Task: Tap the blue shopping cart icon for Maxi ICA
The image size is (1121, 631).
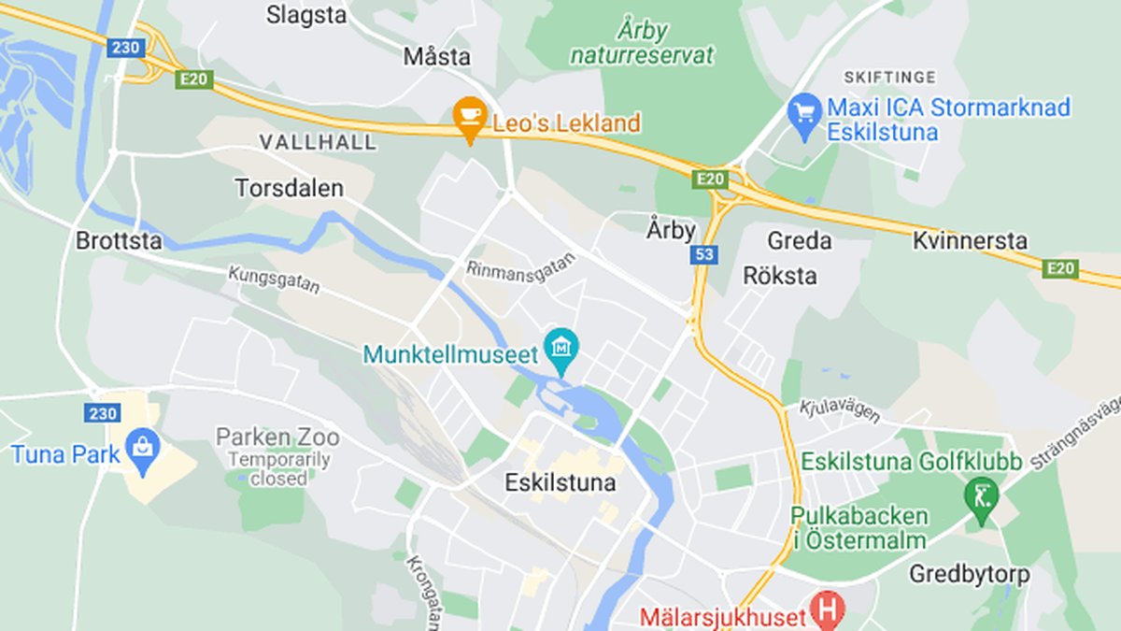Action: tap(804, 112)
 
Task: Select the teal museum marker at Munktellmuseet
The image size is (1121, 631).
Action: tap(561, 349)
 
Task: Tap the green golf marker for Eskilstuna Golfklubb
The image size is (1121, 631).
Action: tap(982, 491)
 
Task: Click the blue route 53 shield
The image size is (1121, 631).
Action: tap(705, 254)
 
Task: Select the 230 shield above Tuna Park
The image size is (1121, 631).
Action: tap(102, 412)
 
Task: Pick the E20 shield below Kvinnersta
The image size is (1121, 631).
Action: tap(1061, 269)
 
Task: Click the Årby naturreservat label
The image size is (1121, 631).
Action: tap(643, 43)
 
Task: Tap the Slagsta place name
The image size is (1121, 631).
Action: tap(306, 15)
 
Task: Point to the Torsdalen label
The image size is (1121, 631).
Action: tap(289, 188)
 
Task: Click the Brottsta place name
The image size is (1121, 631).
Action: tap(119, 241)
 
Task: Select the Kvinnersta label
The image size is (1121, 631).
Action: tap(970, 240)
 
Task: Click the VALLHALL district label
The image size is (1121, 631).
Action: tap(318, 143)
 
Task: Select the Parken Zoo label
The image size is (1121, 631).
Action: tap(277, 437)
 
